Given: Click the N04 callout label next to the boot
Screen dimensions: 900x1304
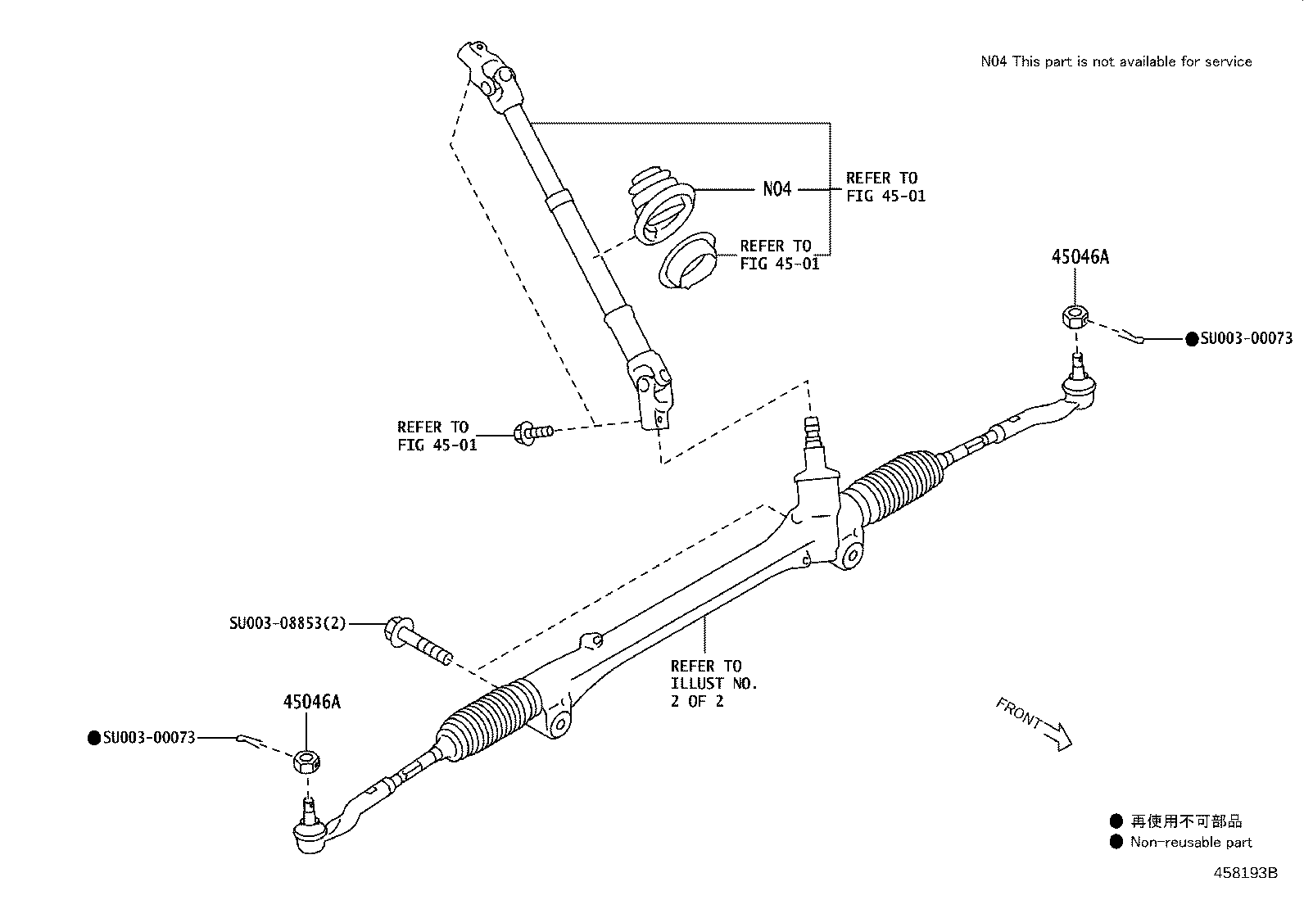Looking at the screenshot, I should pyautogui.click(x=777, y=189).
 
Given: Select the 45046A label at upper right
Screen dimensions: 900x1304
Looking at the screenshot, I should pyautogui.click(x=1080, y=257).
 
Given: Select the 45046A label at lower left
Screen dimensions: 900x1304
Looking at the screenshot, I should pyautogui.click(x=311, y=703).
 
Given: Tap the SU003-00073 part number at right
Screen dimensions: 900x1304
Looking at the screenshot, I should pyautogui.click(x=1246, y=338).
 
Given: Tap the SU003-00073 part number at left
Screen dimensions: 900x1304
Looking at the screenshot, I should pyautogui.click(x=149, y=738).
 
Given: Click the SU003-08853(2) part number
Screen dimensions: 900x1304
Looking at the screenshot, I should pyautogui.click(x=288, y=624).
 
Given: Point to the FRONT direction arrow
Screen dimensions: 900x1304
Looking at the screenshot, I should pyautogui.click(x=1035, y=723).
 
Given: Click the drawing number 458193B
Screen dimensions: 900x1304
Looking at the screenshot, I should pyautogui.click(x=1245, y=873).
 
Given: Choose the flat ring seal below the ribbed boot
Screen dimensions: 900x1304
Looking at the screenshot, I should pyautogui.click(x=688, y=262).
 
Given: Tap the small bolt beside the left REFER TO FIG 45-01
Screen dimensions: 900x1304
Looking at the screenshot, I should pyautogui.click(x=532, y=432).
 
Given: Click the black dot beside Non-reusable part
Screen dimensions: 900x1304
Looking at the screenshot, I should pyautogui.click(x=1116, y=842).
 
